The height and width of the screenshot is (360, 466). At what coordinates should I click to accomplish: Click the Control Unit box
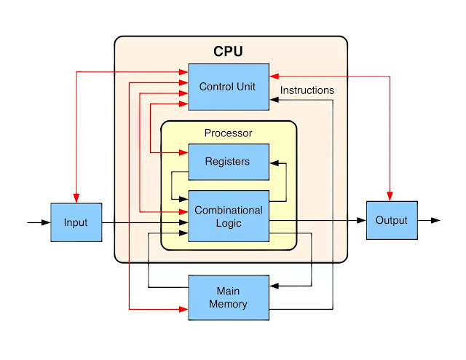[228, 87]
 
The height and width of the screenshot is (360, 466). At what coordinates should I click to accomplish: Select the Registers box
[228, 161]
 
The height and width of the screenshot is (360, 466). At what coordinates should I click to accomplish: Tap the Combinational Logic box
[228, 216]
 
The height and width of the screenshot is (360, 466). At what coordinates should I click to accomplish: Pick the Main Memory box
[228, 297]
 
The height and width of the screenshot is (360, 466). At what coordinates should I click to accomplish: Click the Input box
[76, 222]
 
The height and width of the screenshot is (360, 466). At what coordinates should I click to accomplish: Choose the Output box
[392, 220]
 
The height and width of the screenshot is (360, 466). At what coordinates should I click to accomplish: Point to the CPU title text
[228, 52]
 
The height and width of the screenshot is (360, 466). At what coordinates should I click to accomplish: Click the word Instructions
[307, 90]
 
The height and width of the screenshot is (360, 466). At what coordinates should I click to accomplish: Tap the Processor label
[228, 133]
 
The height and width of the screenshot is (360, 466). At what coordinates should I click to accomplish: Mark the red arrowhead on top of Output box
[390, 196]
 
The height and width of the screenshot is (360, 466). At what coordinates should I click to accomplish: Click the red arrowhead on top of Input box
[76, 198]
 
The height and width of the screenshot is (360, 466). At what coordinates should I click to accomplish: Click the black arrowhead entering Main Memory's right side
[274, 287]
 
